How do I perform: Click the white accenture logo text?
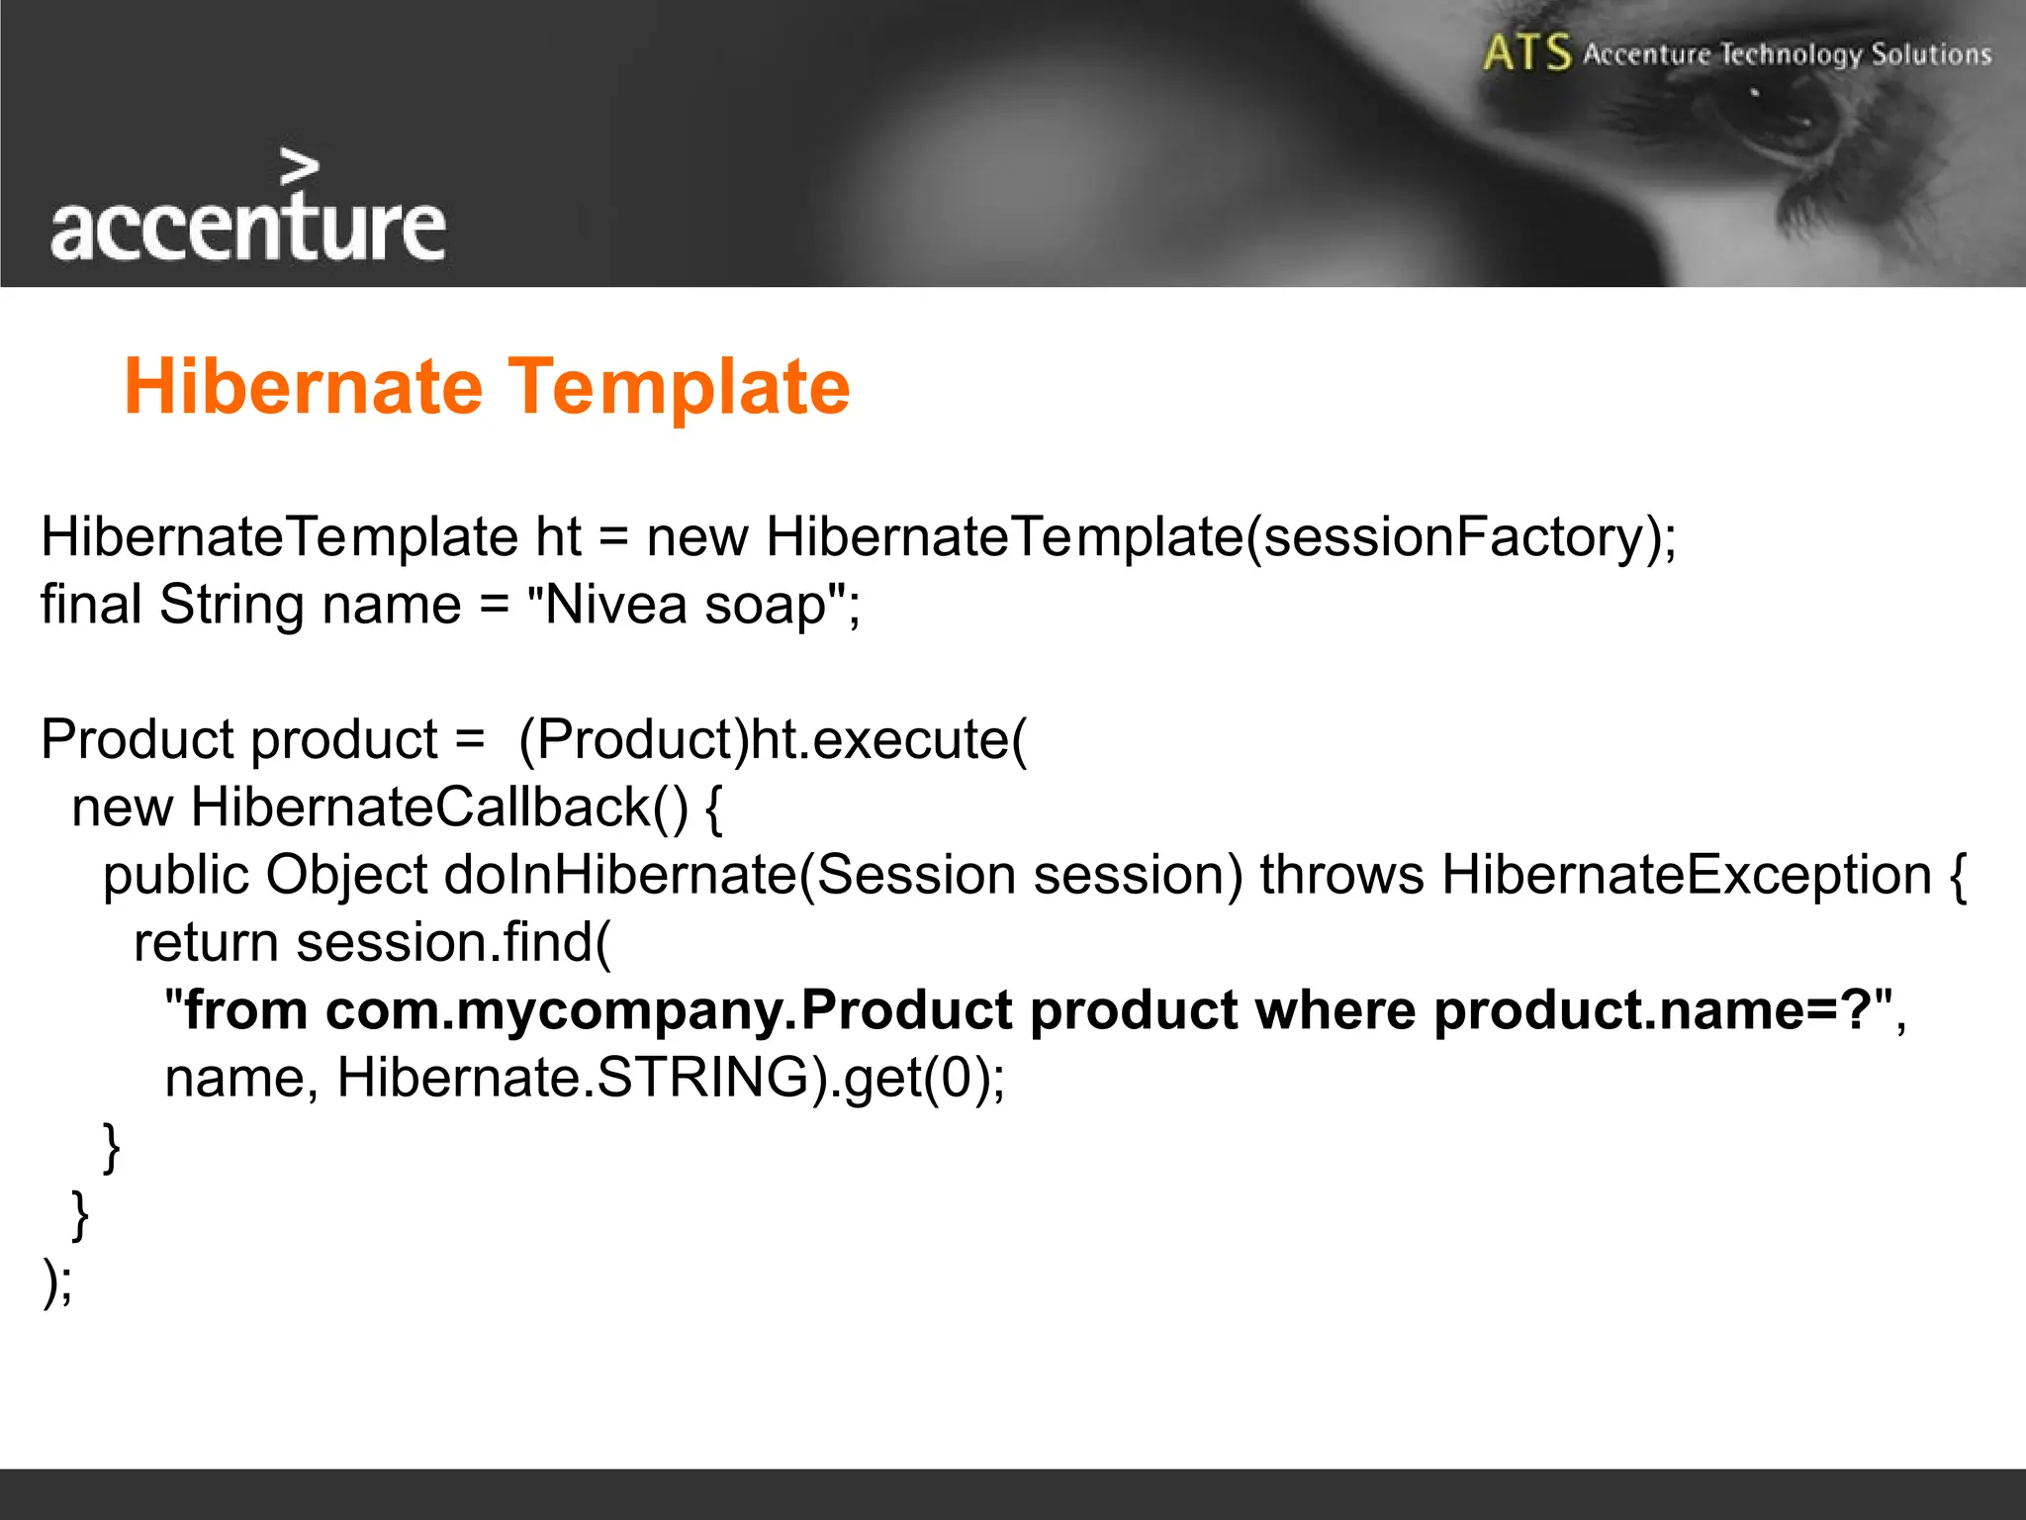click(x=247, y=228)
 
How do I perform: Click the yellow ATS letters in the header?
click(x=1525, y=53)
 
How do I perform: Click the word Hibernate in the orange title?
click(x=303, y=387)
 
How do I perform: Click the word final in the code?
click(x=90, y=605)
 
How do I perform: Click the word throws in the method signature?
click(x=1341, y=875)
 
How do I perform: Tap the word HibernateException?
click(x=1686, y=875)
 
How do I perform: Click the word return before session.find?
click(x=207, y=942)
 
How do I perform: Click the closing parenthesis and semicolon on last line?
click(x=56, y=1282)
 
